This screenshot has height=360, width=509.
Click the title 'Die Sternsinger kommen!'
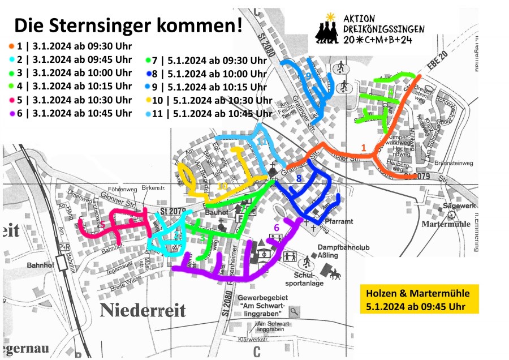128,25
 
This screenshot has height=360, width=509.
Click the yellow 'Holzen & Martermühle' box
419,299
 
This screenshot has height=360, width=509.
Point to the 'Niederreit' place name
143,310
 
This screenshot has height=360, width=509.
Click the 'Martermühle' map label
446,224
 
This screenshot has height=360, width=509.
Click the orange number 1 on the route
364,148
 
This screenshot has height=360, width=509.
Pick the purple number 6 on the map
276,228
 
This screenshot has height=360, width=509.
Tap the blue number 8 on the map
299,179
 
